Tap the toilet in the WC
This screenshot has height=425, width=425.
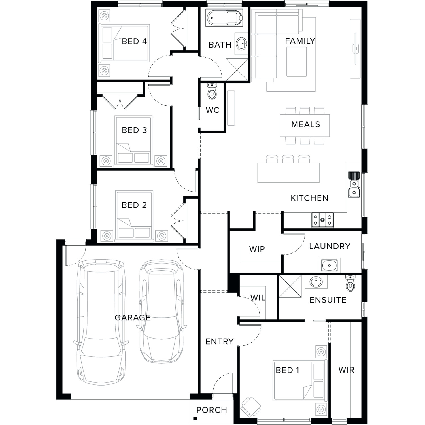point(212,91)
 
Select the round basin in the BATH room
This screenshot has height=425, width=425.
point(241,44)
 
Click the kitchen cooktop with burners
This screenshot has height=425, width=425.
point(322,220)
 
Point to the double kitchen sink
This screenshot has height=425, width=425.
point(354,184)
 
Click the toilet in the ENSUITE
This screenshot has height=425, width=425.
point(350,283)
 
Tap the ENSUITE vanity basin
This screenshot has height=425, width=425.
point(316,282)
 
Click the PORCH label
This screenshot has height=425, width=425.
point(212,410)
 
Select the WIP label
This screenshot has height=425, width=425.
point(257,249)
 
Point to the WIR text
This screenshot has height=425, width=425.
point(346,370)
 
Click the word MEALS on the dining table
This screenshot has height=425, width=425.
point(305,124)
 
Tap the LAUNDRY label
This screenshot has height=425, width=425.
point(330,246)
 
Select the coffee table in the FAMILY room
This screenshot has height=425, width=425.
point(296,62)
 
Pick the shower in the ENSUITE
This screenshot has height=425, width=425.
point(290,286)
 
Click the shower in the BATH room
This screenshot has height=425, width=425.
point(237,69)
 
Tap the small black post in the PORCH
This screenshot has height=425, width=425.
point(195,418)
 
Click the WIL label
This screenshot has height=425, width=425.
point(258,297)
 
